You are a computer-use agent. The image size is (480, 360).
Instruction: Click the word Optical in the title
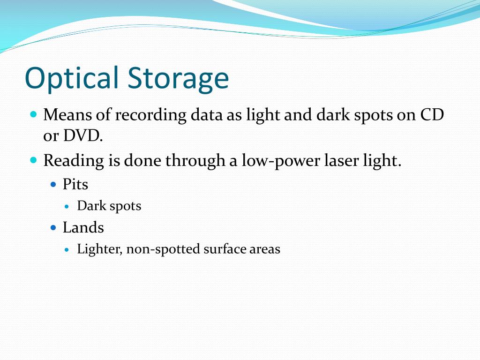coord(71,78)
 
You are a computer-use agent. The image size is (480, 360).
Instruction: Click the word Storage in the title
coord(178,78)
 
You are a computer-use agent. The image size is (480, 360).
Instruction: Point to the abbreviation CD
coord(431,114)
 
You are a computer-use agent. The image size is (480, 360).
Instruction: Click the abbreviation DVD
coord(82,136)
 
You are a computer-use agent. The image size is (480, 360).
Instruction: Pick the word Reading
coord(74,161)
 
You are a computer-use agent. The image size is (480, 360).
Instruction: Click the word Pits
coord(75,184)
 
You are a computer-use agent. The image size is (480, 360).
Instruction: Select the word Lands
coord(83,227)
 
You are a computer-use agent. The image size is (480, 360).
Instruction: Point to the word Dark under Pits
coord(90,205)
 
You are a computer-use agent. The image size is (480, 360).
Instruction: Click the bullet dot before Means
coord(33,114)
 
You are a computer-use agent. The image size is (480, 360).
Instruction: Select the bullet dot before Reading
coord(33,160)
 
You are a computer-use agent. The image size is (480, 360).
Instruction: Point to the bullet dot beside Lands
coord(53,228)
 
